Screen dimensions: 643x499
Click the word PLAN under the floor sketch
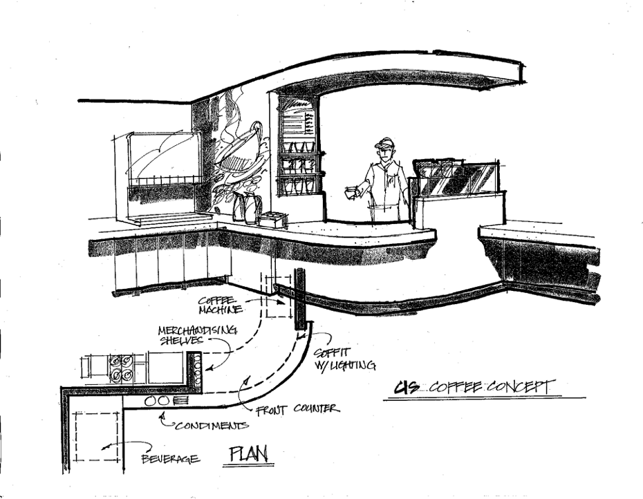coord(251,455)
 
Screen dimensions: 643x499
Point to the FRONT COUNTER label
coord(298,409)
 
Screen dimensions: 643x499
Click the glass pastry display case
coord(456,179)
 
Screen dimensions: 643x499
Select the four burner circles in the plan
coord(121,368)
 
